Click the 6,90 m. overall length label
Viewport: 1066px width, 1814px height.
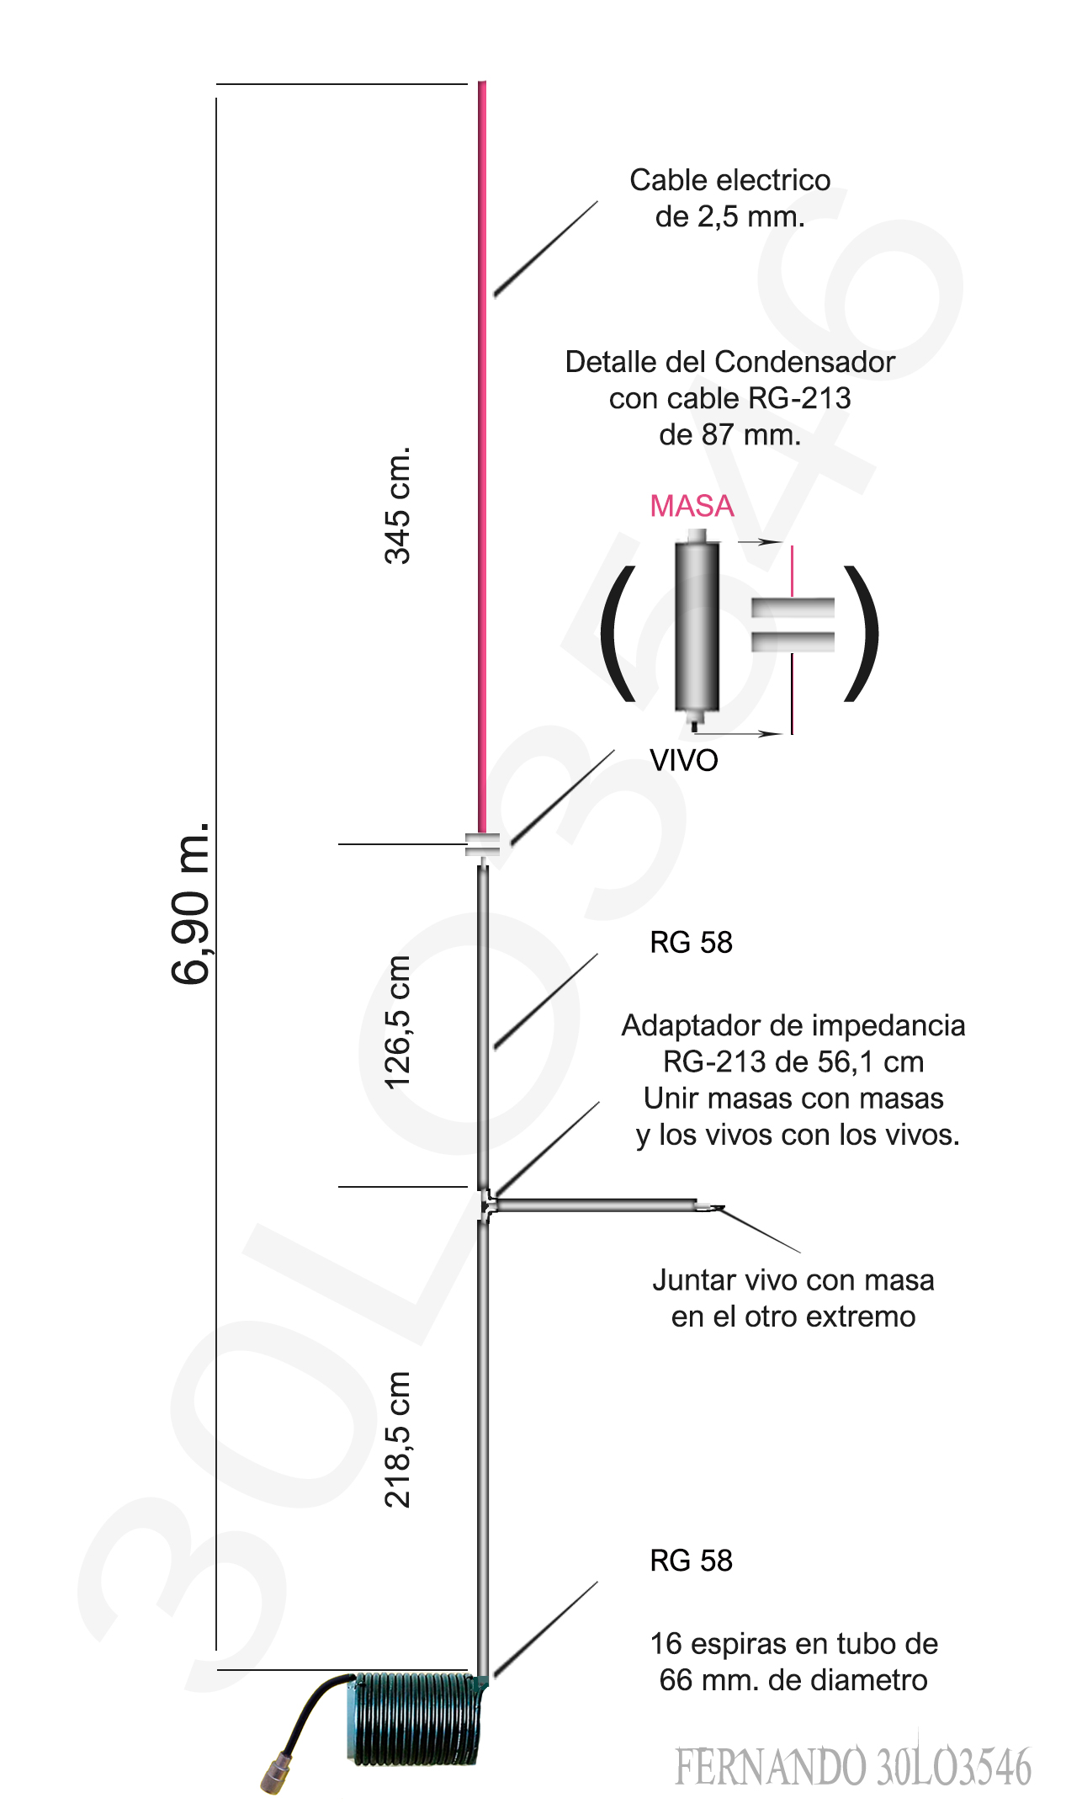[x=190, y=902]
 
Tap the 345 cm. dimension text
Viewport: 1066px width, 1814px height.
[x=397, y=505]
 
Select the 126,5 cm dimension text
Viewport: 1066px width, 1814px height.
[x=397, y=1022]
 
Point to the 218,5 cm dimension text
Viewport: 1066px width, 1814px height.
[x=397, y=1439]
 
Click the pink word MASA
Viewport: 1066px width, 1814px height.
[x=692, y=506]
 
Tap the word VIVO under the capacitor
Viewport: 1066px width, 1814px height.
[x=683, y=760]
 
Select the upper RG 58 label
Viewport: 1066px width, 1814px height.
[x=691, y=942]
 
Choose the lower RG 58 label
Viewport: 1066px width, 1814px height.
[x=691, y=1560]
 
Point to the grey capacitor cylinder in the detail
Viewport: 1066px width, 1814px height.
[x=697, y=627]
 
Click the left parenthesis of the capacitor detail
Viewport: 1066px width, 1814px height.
[x=618, y=632]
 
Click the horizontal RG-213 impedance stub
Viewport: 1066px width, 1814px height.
[x=597, y=1205]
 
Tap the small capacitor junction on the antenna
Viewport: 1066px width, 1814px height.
[x=483, y=844]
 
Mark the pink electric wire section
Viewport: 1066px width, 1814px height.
[x=482, y=455]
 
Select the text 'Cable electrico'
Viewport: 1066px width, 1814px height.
[x=729, y=180]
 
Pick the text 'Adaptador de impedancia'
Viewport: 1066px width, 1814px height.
[x=793, y=1025]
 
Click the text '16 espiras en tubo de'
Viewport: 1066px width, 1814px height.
[x=793, y=1643]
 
